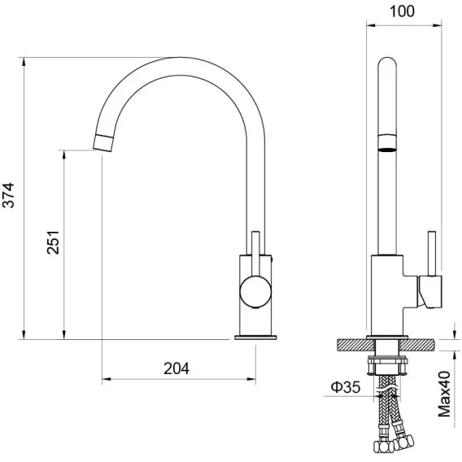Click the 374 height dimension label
[8, 195]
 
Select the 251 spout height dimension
[54, 242]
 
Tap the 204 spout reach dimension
[177, 368]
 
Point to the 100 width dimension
[402, 11]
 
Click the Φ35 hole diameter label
[346, 387]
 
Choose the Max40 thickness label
[444, 394]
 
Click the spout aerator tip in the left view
[102, 143]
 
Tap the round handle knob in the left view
[255, 292]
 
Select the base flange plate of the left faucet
[255, 338]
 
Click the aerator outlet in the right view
[387, 143]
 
